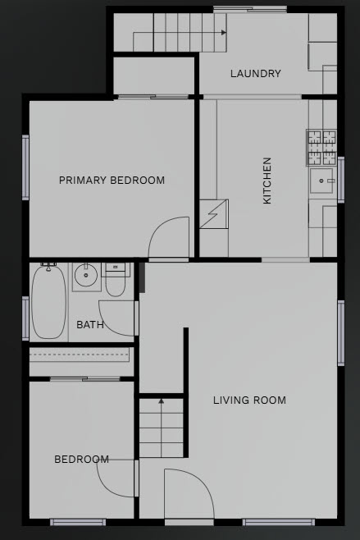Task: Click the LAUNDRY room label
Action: click(255, 73)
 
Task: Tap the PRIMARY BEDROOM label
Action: click(112, 180)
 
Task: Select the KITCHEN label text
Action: click(267, 181)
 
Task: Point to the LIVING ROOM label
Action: click(249, 400)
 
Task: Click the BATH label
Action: click(90, 325)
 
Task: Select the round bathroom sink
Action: click(86, 275)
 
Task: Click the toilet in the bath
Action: click(116, 280)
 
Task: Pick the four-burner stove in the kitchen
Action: click(321, 148)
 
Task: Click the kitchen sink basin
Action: click(321, 181)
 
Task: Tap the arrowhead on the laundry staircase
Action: click(224, 32)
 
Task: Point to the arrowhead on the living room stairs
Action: click(161, 401)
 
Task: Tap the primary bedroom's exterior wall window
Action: click(25, 167)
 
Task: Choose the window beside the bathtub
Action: click(25, 318)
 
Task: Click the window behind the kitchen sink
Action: click(341, 180)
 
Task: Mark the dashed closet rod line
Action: click(80, 355)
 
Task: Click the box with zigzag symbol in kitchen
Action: click(214, 214)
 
